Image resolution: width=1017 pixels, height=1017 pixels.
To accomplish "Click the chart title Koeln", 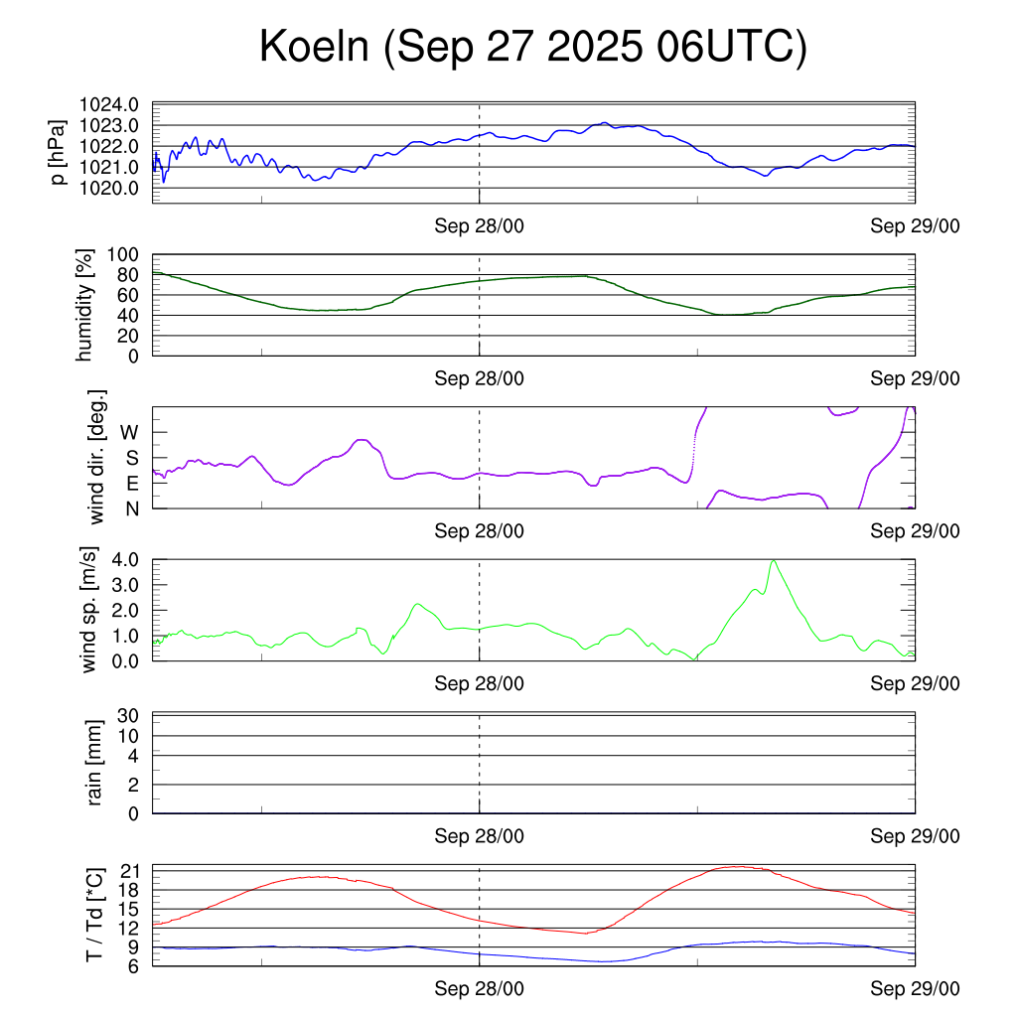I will pos(532,48).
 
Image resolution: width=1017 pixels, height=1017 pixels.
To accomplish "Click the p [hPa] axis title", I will pos(60,153).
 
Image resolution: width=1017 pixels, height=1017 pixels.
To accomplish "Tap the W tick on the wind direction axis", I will pos(130,432).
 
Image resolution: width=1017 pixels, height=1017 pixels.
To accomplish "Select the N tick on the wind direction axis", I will pos(132,508).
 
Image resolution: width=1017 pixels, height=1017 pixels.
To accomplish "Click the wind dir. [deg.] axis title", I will pos(97,457).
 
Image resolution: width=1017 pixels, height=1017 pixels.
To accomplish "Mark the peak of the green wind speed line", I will pos(773,560).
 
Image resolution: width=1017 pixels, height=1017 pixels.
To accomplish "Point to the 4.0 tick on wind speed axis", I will pos(123,560).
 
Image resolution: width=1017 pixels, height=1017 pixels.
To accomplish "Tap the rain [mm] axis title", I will pos(95,763).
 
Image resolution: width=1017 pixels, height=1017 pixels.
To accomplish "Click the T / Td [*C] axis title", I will pos(95,914).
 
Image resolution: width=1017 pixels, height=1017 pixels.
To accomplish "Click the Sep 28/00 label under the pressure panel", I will pos(479,225).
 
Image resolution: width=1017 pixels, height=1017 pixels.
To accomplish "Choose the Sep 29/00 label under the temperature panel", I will pos(915,990).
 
